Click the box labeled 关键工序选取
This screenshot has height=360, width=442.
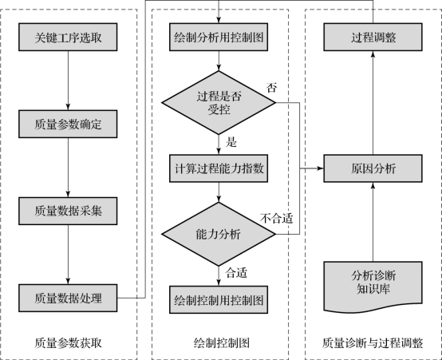(x=68, y=37)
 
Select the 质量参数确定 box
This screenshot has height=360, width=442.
(x=68, y=124)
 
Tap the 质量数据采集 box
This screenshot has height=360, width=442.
(x=68, y=211)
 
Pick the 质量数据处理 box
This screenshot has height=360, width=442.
(x=68, y=298)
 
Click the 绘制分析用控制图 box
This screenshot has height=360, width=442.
(x=219, y=37)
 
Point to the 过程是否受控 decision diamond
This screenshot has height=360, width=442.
(x=219, y=102)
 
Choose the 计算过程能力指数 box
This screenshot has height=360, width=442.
(x=219, y=168)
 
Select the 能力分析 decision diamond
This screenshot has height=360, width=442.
(x=219, y=234)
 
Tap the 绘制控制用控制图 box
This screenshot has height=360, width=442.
(x=219, y=299)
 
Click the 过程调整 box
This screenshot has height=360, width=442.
(x=373, y=37)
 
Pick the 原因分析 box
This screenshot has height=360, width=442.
(x=373, y=168)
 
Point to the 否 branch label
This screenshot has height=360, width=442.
(x=271, y=88)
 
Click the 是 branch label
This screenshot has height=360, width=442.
(x=231, y=142)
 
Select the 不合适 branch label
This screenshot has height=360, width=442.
(x=277, y=219)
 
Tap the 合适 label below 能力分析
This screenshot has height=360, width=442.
(x=236, y=273)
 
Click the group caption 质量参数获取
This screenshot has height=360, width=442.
(x=68, y=343)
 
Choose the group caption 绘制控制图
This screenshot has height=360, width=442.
(x=222, y=343)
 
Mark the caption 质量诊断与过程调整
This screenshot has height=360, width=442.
(x=373, y=343)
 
